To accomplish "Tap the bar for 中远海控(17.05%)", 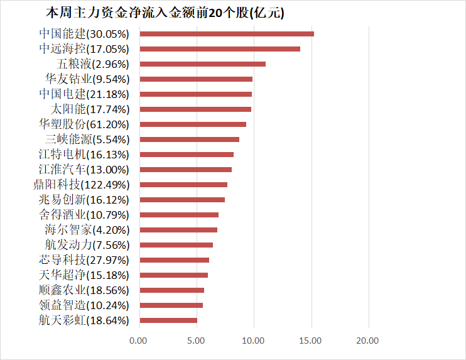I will click(219, 48).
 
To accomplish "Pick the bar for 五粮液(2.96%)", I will click(202, 63).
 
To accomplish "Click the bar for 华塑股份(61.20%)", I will click(192, 124).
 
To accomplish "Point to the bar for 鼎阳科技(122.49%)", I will click(183, 184).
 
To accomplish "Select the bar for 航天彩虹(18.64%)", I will click(168, 320).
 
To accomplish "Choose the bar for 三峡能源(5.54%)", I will click(188, 139).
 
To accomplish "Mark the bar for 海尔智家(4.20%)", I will click(178, 229).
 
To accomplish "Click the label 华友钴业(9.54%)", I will click(87, 79).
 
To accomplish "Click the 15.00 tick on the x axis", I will click(311, 341).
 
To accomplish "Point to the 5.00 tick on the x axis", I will click(196, 341).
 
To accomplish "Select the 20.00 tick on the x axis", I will click(368, 341).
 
